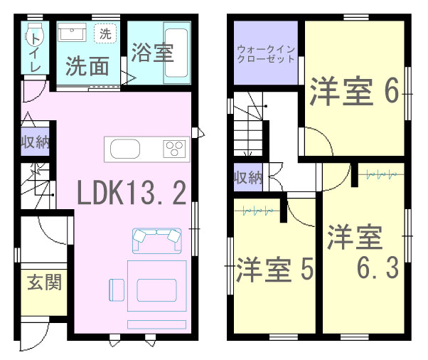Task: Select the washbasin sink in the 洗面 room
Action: tap(72, 32)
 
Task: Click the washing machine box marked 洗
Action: tap(105, 33)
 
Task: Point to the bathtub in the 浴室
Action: tap(176, 53)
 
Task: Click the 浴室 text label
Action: tap(153, 53)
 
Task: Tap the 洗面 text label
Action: tap(87, 66)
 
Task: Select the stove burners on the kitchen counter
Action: tap(174, 149)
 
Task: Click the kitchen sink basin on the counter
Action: tap(125, 149)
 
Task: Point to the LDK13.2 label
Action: tap(132, 193)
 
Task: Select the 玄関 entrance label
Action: tap(45, 282)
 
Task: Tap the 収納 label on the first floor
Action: tap(36, 142)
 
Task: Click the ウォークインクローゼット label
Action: tap(266, 54)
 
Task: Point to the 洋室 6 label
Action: tap(355, 92)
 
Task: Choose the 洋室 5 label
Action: tap(274, 270)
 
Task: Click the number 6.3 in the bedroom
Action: tap(378, 267)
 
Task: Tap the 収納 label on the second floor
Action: tap(248, 178)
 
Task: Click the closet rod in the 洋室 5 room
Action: tap(257, 211)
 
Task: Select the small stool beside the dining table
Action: tap(117, 290)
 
